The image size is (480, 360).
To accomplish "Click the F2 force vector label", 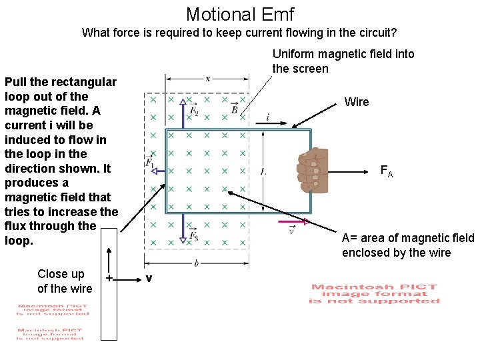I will (194, 110).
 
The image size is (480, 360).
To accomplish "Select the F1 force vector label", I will (149, 162).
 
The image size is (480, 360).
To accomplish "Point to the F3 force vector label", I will (194, 236).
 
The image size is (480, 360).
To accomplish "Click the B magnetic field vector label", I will (235, 109).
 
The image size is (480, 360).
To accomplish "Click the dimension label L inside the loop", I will (263, 172).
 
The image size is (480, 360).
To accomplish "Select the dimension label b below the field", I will (196, 263).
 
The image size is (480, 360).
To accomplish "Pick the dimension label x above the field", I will (207, 79).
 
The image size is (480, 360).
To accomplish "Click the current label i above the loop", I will (267, 117).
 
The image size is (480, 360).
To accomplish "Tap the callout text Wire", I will (357, 102).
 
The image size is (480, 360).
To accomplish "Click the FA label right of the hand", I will (387, 171).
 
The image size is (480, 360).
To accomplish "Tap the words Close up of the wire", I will (65, 281).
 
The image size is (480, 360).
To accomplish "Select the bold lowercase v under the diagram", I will (149, 278).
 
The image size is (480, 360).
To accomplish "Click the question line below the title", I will (239, 32).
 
